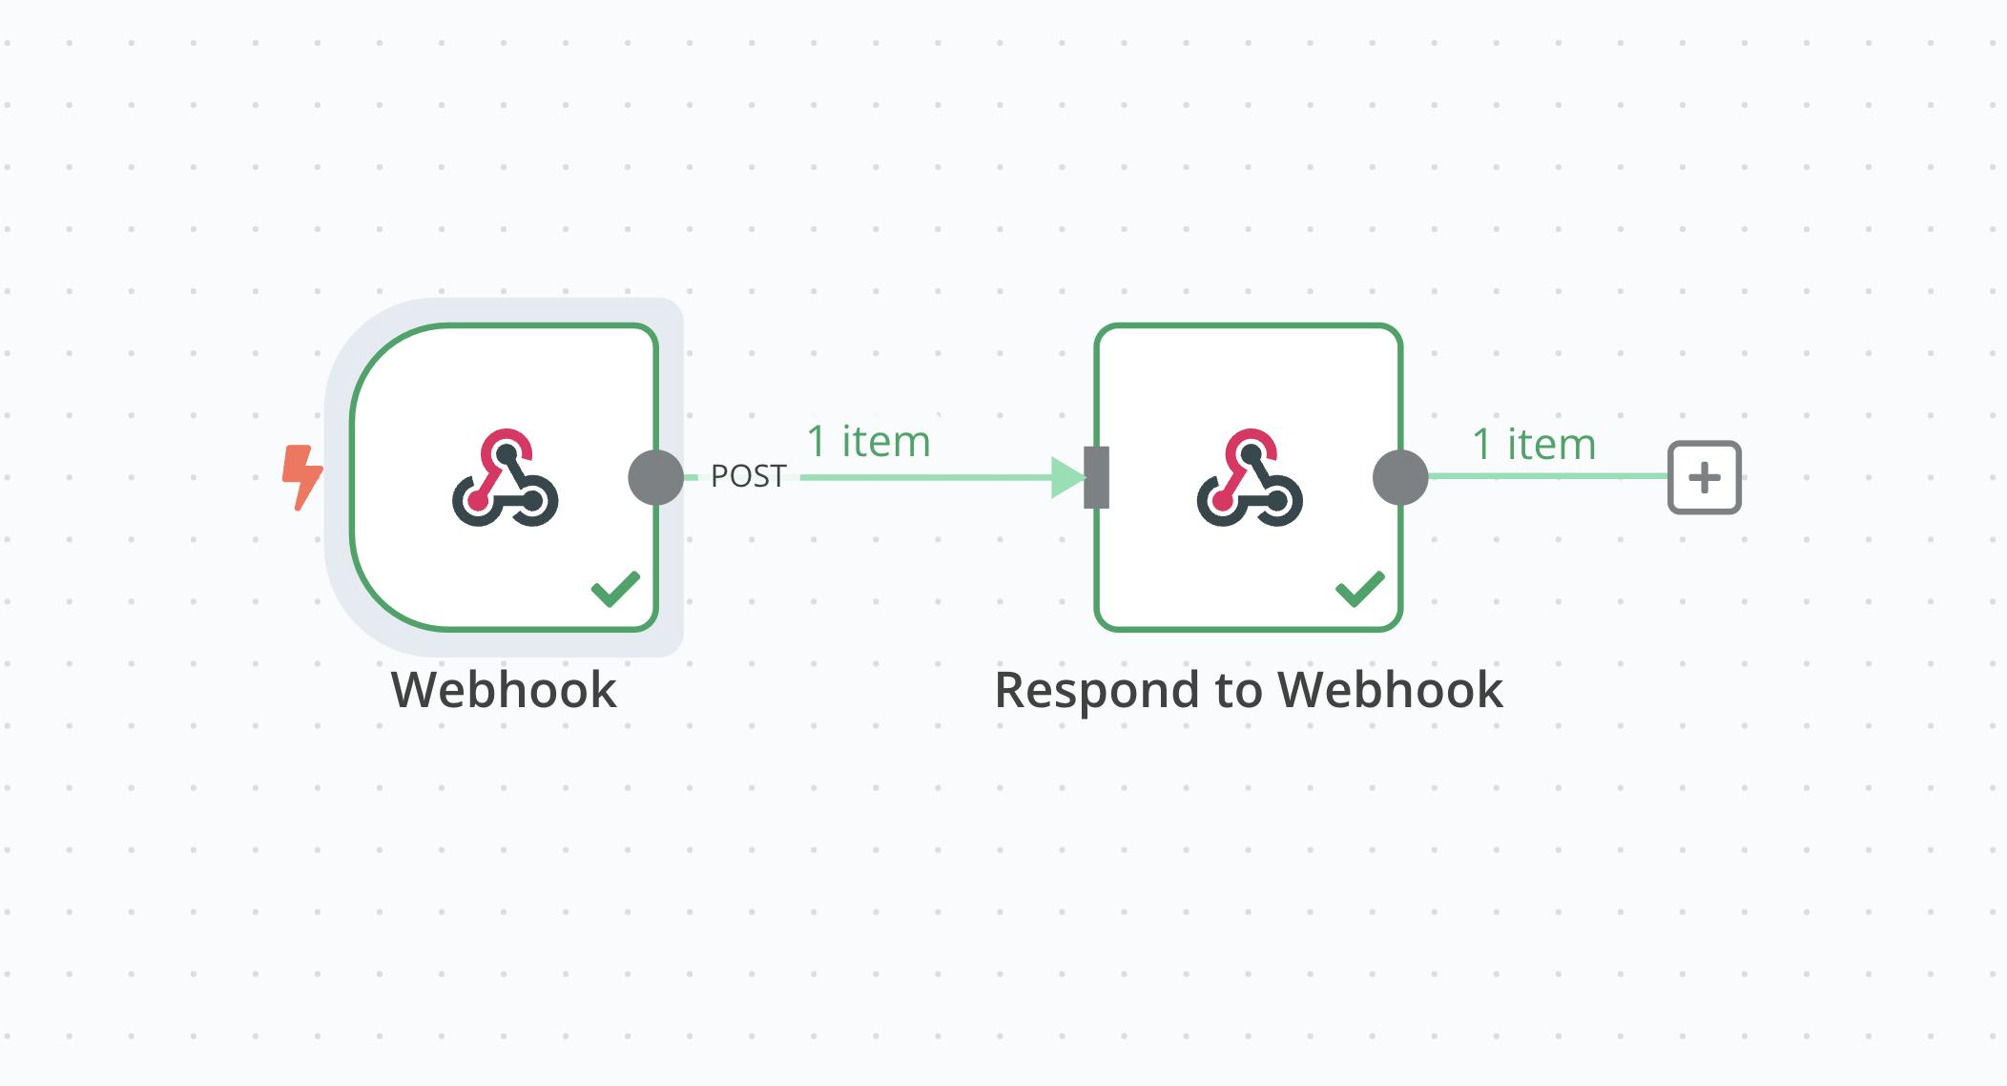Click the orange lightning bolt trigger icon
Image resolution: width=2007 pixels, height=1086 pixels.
click(x=302, y=476)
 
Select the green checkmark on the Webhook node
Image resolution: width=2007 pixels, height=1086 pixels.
click(x=615, y=589)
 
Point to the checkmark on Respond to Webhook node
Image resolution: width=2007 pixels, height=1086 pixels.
click(x=1359, y=589)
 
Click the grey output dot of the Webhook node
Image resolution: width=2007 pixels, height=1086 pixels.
click(x=656, y=477)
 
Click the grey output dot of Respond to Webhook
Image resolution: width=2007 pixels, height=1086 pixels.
click(x=1400, y=477)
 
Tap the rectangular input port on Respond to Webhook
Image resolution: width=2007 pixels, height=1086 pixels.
click(x=1097, y=477)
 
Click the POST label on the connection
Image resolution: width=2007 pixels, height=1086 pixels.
click(x=749, y=476)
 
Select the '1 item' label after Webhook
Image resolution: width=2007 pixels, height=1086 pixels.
click(x=868, y=442)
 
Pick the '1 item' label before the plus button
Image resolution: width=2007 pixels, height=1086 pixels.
click(x=1534, y=445)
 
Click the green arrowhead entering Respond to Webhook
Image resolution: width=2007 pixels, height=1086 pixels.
click(x=1067, y=477)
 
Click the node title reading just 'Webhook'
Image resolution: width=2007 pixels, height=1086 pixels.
click(x=504, y=690)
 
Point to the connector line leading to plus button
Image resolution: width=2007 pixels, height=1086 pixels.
click(x=1545, y=476)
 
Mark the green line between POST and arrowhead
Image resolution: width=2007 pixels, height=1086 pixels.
click(x=925, y=477)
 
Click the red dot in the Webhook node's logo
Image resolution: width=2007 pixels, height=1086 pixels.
click(x=477, y=500)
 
